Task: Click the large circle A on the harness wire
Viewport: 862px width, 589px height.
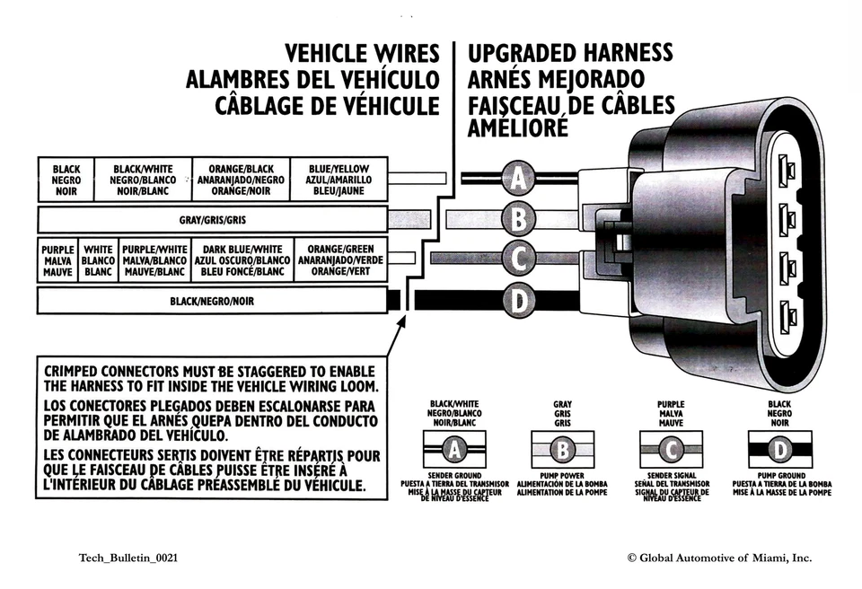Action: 518,179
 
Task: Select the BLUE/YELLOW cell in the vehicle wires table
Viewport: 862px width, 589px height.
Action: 339,180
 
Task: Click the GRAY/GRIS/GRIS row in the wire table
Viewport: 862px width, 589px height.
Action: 212,220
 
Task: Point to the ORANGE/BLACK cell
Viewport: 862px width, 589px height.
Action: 241,180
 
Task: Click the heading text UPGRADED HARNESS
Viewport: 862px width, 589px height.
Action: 570,53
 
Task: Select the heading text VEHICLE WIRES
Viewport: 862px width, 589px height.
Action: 362,53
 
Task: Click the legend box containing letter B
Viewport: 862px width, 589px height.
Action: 563,448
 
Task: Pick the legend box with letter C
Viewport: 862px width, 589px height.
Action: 671,448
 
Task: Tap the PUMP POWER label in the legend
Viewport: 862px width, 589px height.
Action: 562,475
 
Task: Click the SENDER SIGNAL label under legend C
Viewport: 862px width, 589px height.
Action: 671,475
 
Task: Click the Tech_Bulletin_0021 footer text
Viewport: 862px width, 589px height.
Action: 128,558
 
